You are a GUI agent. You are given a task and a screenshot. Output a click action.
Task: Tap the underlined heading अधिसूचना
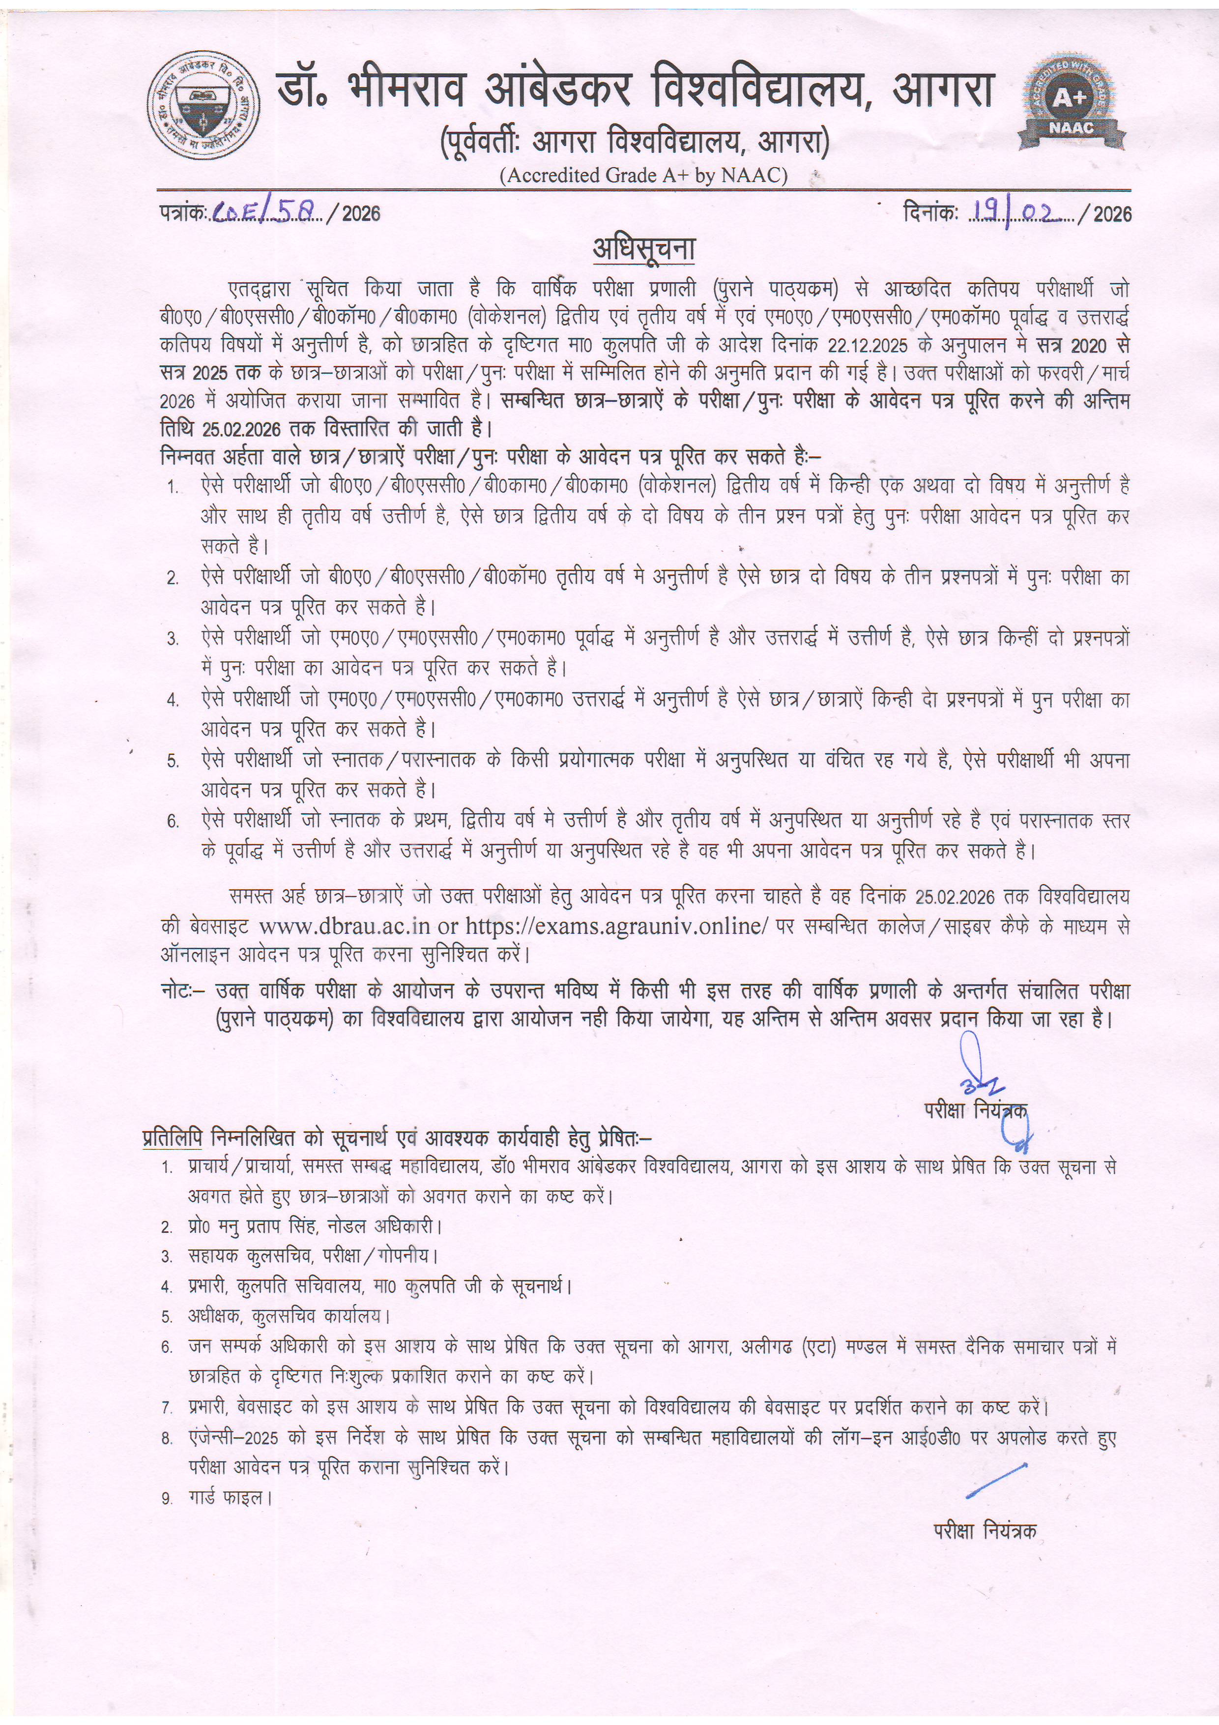pyautogui.click(x=644, y=249)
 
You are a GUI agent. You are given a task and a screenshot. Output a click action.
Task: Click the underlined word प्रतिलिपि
pyautogui.click(x=173, y=1138)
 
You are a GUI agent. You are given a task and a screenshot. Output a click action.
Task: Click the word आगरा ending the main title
pyautogui.click(x=943, y=89)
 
